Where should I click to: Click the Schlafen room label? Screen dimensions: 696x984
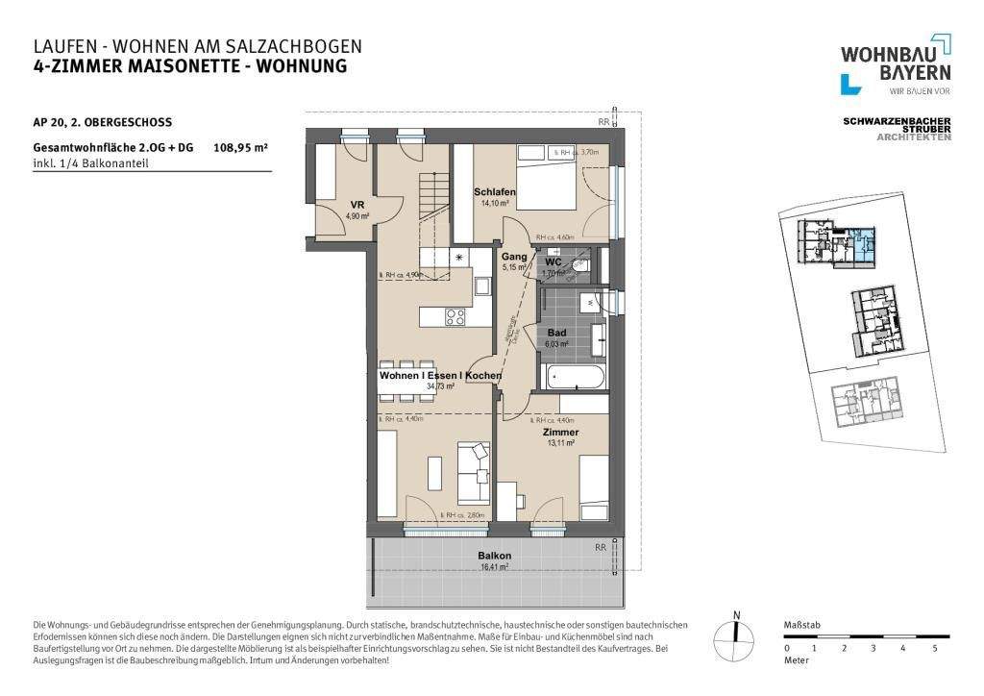pyautogui.click(x=495, y=193)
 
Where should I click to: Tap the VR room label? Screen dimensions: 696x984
pyautogui.click(x=357, y=205)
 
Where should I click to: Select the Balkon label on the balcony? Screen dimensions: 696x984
pyautogui.click(x=495, y=557)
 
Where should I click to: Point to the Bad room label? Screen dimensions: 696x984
pyautogui.click(x=557, y=332)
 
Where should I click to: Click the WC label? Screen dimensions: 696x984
pyautogui.click(x=553, y=261)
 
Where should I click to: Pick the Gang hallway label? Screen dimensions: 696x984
pyautogui.click(x=513, y=257)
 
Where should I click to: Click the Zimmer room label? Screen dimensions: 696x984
pyautogui.click(x=560, y=433)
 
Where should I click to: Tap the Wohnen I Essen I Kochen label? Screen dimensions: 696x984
pyautogui.click(x=440, y=376)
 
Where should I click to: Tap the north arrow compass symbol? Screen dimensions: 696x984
pyautogui.click(x=736, y=631)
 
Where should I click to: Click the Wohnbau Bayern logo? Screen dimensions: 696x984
pyautogui.click(x=896, y=64)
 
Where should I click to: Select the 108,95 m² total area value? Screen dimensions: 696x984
pyautogui.click(x=240, y=148)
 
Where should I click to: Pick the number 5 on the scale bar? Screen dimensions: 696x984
pyautogui.click(x=934, y=649)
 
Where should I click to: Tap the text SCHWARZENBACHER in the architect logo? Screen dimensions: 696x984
pyautogui.click(x=896, y=121)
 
